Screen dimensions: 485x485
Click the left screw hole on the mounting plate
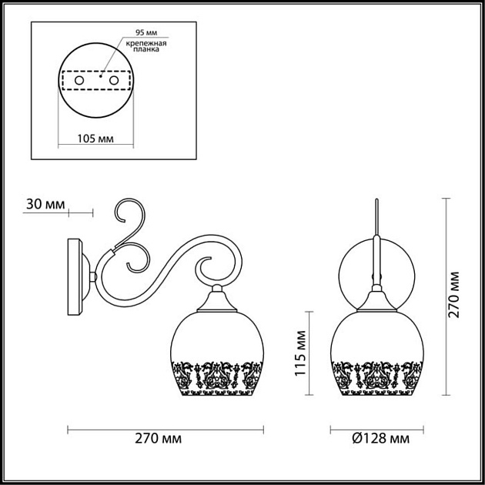point(78,79)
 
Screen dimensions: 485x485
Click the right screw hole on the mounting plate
point(114,79)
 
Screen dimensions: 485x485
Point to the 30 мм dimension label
point(44,204)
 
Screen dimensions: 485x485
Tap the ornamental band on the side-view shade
point(220,373)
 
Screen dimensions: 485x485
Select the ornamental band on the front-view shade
point(377,373)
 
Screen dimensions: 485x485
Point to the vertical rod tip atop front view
point(376,202)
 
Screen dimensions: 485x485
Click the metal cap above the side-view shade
point(219,297)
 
